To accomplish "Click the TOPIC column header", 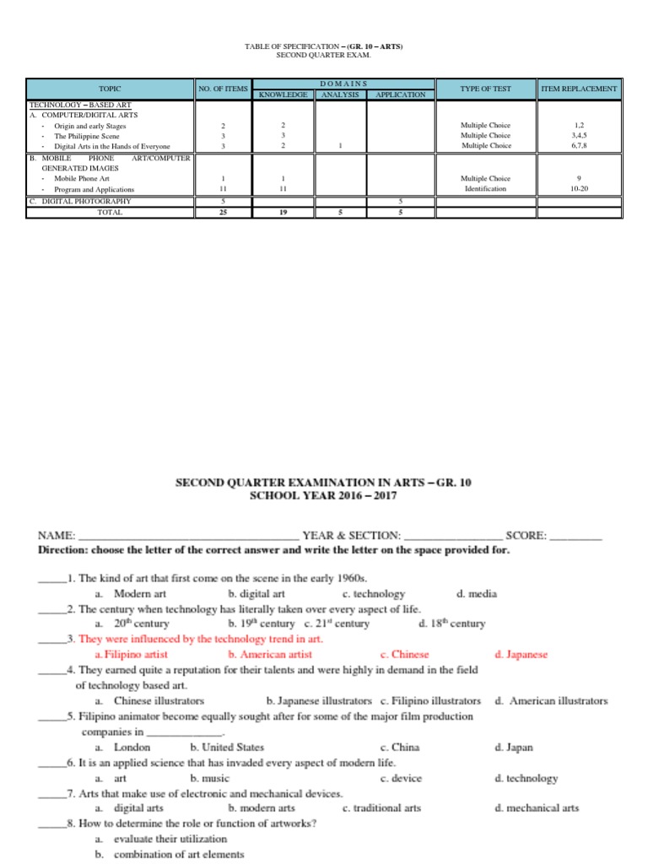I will tap(110, 89).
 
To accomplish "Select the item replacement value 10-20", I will tap(578, 190).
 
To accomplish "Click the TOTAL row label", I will tap(110, 213).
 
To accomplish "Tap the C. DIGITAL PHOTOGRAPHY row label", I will tap(80, 202).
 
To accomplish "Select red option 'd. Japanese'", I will tap(521, 655).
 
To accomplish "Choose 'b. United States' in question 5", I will tap(227, 748).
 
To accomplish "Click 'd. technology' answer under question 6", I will tap(526, 778).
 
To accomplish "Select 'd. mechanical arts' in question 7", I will tap(537, 808).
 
